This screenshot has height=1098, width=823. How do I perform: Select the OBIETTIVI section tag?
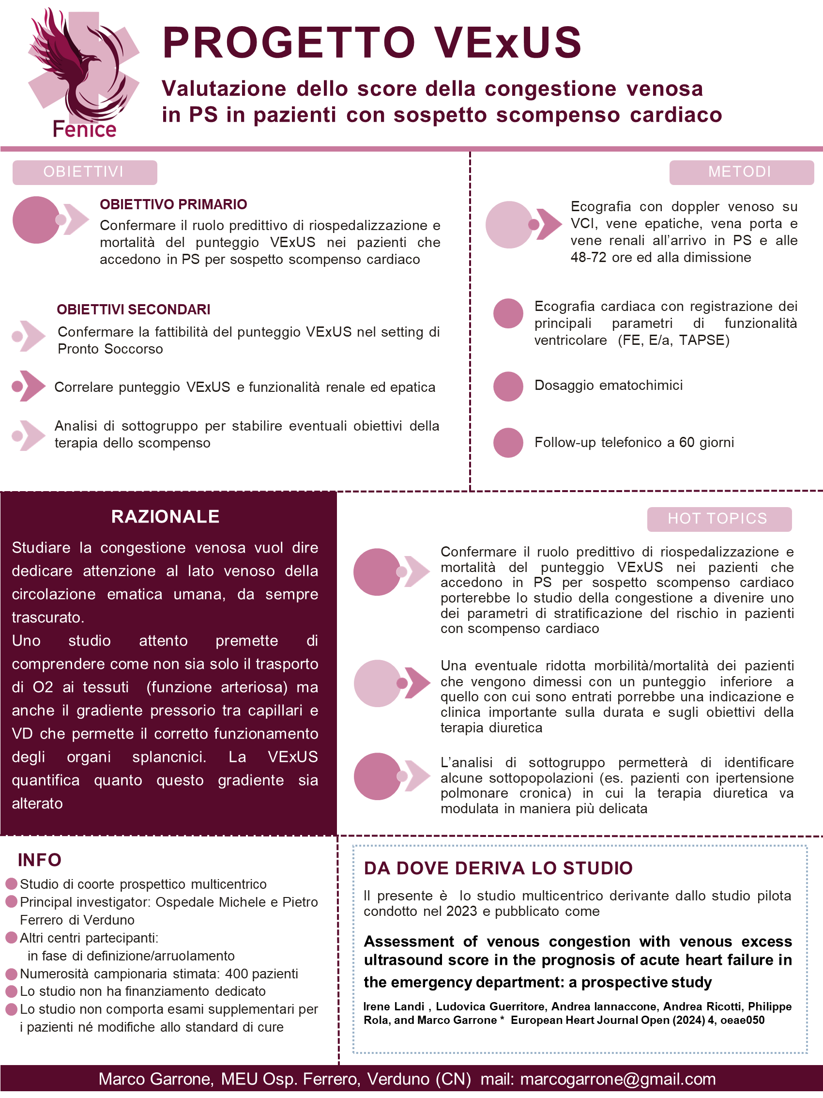(x=84, y=172)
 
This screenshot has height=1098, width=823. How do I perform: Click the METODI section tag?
(x=741, y=172)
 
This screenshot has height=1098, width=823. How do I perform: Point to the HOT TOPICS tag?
(x=719, y=519)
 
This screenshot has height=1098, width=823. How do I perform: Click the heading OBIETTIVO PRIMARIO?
(x=173, y=204)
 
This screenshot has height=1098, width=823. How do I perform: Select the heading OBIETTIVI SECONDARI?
(x=134, y=310)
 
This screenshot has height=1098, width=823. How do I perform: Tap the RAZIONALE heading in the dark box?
(x=165, y=517)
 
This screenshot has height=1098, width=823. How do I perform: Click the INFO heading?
(x=40, y=860)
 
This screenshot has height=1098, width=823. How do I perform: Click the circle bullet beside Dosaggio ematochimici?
(x=508, y=386)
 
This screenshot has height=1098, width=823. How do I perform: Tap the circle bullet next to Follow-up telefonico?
(x=508, y=442)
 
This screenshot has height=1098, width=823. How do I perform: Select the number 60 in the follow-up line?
(x=686, y=442)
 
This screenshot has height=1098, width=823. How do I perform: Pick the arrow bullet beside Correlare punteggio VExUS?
(x=28, y=386)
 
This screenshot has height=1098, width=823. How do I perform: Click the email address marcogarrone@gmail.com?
(x=618, y=1079)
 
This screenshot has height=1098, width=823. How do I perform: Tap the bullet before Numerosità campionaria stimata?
(x=11, y=974)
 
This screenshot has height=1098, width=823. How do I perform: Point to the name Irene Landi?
(x=394, y=1006)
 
